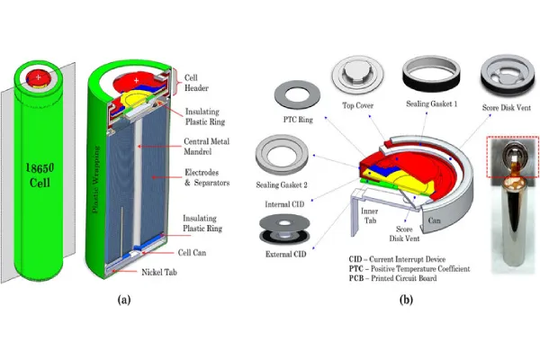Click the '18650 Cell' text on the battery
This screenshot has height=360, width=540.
38,168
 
